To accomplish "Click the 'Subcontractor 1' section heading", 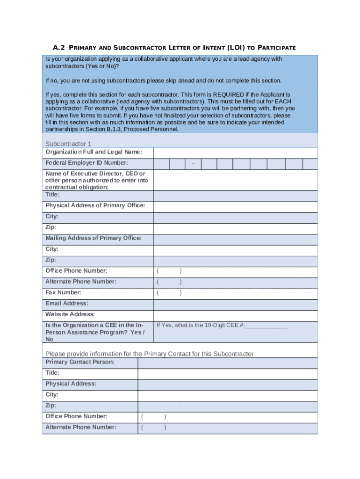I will (x=68, y=144).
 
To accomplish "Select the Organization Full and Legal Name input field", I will (x=235, y=152).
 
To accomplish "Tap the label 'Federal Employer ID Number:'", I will (x=86, y=163).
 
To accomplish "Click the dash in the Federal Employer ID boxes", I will (x=193, y=163).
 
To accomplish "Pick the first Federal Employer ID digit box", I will (x=161, y=163).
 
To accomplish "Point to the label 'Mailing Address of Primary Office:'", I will (x=93, y=238).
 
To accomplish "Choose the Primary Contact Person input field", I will (x=227, y=363).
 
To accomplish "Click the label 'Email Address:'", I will (x=66, y=304).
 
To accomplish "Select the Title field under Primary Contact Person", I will (x=227, y=374).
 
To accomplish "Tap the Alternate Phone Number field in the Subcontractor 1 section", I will (x=235, y=283).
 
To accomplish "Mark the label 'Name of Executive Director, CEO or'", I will (x=95, y=174).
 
